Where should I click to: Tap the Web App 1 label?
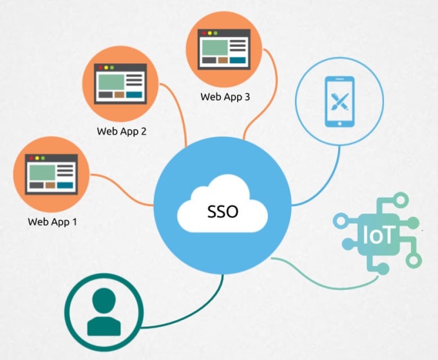52,222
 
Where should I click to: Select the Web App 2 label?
122,131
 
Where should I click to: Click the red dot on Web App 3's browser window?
204,32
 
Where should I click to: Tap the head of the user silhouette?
104,300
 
